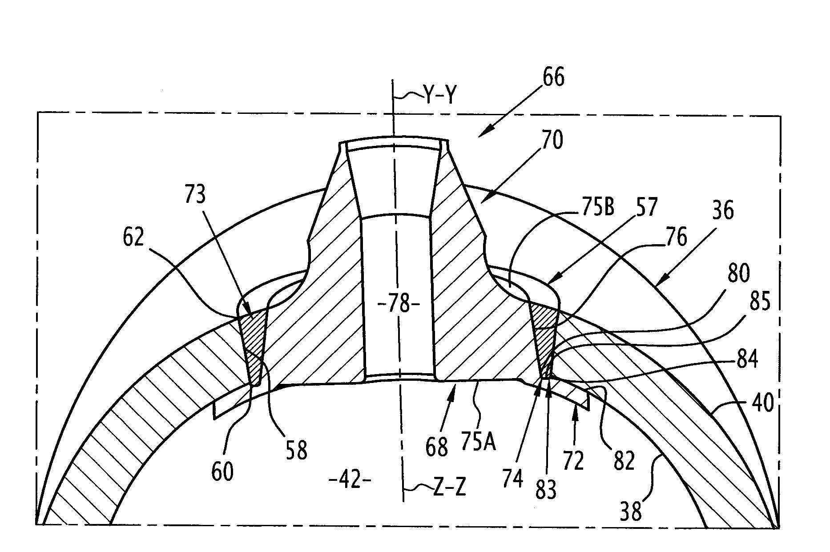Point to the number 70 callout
(552, 140)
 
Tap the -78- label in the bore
(399, 305)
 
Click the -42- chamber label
(349, 480)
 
